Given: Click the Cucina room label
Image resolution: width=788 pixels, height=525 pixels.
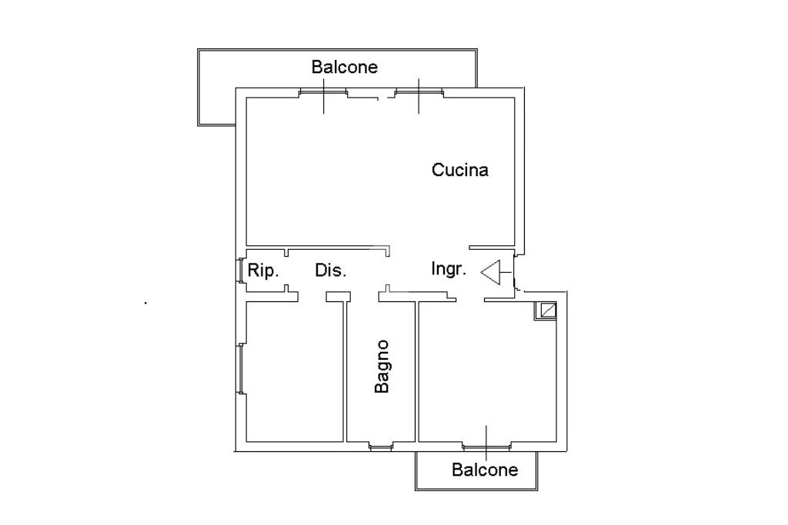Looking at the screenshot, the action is tap(459, 170).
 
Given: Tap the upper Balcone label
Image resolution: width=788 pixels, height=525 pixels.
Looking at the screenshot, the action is tap(344, 67).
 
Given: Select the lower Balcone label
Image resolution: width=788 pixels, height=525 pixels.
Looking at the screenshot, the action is tap(485, 470).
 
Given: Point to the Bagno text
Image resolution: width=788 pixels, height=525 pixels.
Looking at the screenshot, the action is tap(382, 367).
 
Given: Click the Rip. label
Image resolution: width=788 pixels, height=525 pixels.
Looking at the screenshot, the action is tap(262, 271).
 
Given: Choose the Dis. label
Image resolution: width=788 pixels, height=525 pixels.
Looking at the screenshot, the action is tap(331, 271).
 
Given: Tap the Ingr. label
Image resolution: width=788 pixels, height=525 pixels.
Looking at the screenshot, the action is tap(448, 269).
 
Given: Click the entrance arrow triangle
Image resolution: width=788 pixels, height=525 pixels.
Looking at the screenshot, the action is tap(492, 271).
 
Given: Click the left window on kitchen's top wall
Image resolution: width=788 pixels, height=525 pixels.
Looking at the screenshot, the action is tap(323, 93).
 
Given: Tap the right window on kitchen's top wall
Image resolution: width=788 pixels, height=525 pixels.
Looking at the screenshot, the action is tap(419, 93).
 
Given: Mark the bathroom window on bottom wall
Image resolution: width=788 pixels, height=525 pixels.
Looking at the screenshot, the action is tap(381, 446).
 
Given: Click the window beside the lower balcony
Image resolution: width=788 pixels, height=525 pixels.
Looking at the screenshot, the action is tap(486, 446).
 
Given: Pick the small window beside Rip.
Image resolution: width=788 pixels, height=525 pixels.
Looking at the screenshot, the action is tap(239, 271).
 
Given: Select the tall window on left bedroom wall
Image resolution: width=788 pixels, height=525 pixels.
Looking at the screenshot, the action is tap(241, 369).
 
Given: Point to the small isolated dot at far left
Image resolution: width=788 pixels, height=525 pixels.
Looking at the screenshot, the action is tap(145, 304).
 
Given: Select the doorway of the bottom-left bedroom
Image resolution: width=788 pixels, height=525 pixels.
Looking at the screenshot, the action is tap(312, 296).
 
